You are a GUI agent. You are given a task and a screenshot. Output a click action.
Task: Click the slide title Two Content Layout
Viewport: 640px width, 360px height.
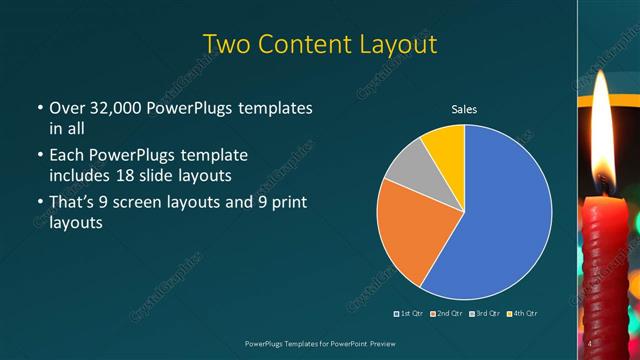tap(319, 45)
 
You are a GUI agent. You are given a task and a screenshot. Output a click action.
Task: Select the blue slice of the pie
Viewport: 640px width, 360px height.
tap(500, 220)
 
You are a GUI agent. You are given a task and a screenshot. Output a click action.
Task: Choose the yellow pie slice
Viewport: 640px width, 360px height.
tap(446, 145)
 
